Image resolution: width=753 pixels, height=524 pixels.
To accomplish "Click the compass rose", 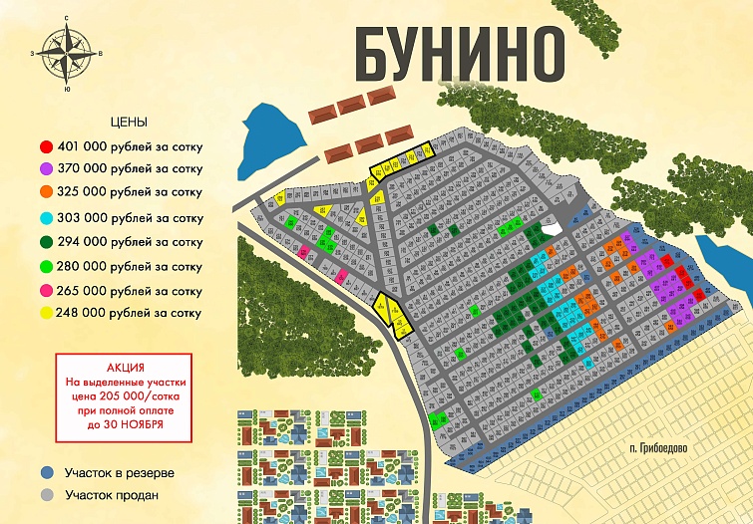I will (x=66, y=52).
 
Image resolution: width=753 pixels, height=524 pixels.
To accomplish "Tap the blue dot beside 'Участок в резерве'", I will (x=46, y=473).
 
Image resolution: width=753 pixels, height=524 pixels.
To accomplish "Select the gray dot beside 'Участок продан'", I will (x=46, y=494).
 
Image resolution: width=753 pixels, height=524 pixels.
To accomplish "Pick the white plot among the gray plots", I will (x=550, y=230).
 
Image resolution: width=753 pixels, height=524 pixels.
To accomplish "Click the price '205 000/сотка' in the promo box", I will (x=142, y=395).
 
